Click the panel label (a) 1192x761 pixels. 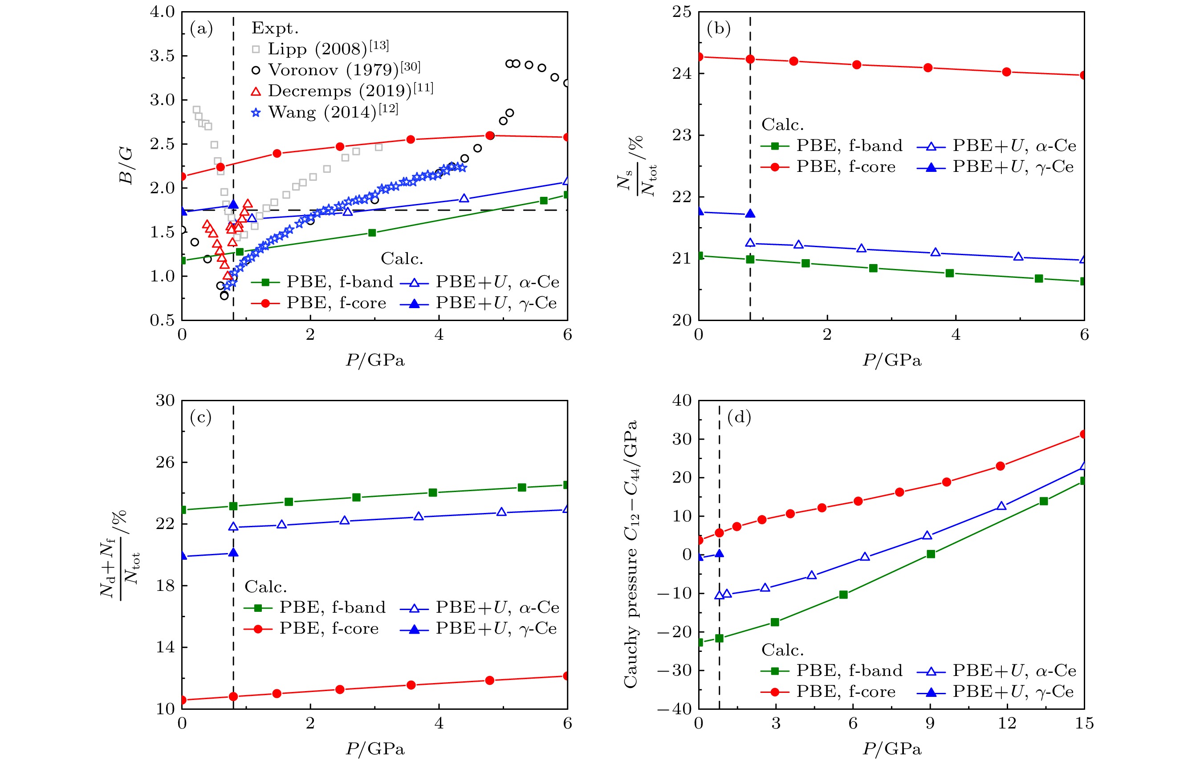pyautogui.click(x=201, y=29)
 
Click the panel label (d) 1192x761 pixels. pyautogui.click(x=739, y=417)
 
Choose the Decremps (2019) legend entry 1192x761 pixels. pyautogui.click(x=342, y=91)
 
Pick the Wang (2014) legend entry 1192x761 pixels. pyautogui.click(x=325, y=112)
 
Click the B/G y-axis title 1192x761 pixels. pyautogui.click(x=126, y=166)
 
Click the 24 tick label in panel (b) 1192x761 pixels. pyautogui.click(x=682, y=74)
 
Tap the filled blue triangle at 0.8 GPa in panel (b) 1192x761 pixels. pyautogui.click(x=750, y=213)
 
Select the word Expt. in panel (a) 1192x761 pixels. pyautogui.click(x=275, y=28)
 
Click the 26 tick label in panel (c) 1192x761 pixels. pyautogui.click(x=165, y=463)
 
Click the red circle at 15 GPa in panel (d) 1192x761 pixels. pyautogui.click(x=1084, y=434)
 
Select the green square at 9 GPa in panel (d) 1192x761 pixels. pyautogui.click(x=931, y=554)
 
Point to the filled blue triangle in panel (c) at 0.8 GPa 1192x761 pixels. pyautogui.click(x=233, y=553)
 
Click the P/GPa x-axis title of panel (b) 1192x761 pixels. pyautogui.click(x=891, y=360)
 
